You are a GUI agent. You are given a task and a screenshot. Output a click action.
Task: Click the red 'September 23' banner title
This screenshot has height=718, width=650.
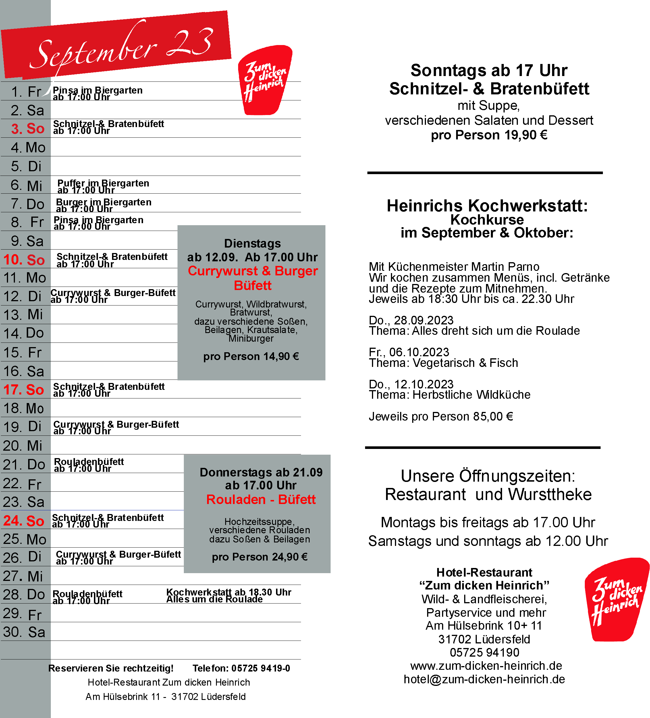pos(121,48)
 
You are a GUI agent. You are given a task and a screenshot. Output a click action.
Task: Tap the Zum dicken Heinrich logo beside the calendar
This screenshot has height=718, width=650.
pos(265,80)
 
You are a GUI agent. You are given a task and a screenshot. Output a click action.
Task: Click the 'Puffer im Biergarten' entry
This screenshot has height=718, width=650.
pos(103,183)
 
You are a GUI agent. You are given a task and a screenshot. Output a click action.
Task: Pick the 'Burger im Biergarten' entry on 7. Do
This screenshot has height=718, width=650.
pos(103,202)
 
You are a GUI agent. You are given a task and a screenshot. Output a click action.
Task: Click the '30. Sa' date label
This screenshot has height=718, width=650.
pos(24,632)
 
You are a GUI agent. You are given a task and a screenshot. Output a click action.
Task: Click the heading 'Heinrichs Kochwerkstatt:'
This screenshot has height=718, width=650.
pos(487,206)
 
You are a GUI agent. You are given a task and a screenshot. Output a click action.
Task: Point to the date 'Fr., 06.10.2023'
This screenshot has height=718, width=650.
pos(409,352)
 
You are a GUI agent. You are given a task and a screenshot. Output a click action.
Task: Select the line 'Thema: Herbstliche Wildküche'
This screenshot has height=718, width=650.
pos(449,395)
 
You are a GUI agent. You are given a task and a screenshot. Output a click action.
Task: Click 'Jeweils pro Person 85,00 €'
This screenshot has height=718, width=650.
pos(441,416)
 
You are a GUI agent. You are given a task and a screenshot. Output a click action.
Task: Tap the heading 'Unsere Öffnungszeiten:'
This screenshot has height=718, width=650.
pos(487,476)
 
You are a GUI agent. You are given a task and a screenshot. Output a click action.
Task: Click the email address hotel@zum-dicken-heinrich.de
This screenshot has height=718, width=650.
pos(484,679)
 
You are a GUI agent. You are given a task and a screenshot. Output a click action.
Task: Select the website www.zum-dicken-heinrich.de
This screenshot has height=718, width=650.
pos(486,666)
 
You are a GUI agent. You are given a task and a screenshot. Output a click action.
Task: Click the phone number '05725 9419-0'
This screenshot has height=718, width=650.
pos(261,668)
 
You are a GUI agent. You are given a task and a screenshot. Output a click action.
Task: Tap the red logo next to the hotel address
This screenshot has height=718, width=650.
pos(616,600)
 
